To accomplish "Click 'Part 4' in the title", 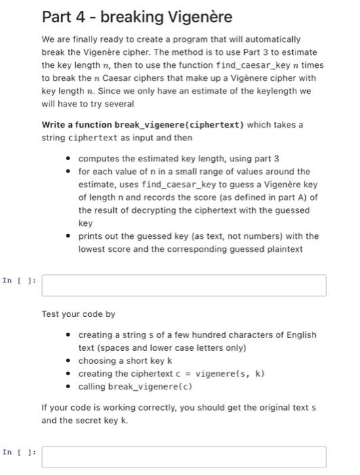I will click(63, 17).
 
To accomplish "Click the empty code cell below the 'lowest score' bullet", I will click(184, 285).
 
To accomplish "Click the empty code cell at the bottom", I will click(184, 456).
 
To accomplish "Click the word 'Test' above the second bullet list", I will click(51, 314).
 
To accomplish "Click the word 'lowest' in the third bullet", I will click(92, 249).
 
